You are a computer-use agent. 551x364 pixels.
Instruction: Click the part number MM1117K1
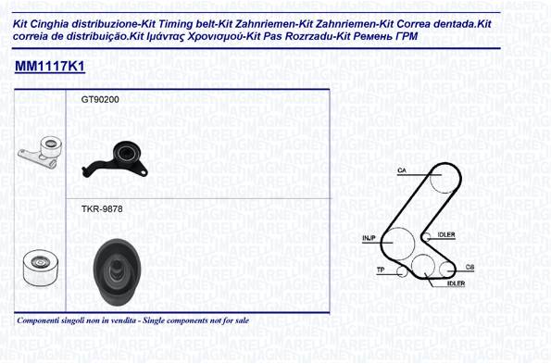pos(50,66)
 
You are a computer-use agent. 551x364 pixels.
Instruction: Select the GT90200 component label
pos(100,100)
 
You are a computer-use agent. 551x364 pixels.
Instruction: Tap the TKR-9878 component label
pos(102,209)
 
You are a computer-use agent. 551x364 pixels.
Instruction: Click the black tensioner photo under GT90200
pos(116,158)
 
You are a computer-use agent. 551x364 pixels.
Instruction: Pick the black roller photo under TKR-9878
pos(117,271)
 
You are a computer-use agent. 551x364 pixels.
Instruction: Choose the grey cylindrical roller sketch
pos(41,268)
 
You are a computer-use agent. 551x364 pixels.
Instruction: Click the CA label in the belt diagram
pos(402,170)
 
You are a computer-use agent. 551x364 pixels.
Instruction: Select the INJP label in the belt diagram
pos(369,238)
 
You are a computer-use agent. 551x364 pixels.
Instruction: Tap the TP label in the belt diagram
pos(381,270)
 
